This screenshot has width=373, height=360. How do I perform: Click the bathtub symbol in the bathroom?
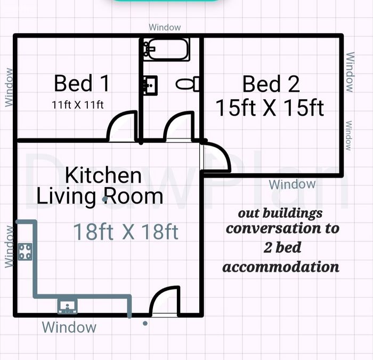point(166,49)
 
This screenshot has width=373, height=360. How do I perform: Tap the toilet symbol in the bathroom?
point(188,84)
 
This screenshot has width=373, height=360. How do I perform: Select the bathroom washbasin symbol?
point(150,85)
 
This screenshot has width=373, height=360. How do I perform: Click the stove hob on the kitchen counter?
point(25,252)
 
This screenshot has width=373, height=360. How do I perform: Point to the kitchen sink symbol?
point(68,307)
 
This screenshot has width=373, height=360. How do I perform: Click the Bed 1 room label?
point(82,83)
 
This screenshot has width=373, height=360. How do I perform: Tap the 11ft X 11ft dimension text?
point(78,105)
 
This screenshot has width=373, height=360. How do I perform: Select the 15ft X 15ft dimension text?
point(270,108)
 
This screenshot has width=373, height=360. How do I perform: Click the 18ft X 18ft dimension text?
point(126,231)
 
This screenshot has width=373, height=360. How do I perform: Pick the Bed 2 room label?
point(271,84)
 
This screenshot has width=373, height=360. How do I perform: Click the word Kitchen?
point(103,175)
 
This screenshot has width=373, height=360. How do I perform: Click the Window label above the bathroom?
point(165,27)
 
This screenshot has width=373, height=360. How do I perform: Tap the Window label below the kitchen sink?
point(69,327)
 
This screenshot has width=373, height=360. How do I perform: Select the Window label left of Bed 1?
point(9,87)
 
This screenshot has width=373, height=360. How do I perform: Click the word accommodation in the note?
point(281,267)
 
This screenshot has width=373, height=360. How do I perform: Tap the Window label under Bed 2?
point(293,185)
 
